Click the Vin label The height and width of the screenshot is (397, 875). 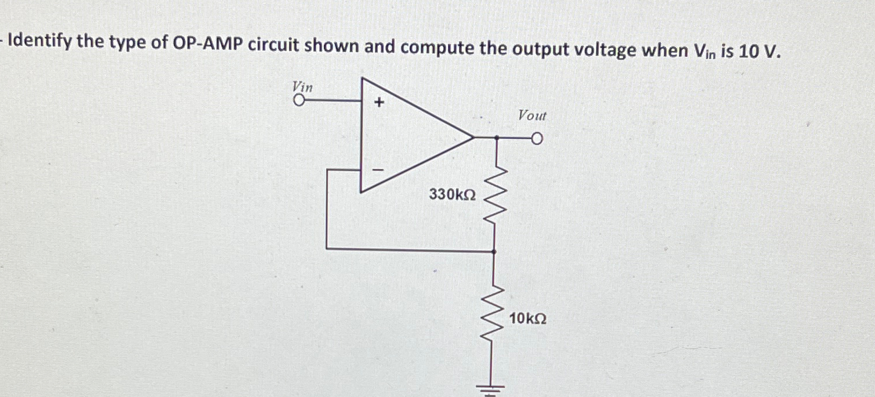click(x=302, y=86)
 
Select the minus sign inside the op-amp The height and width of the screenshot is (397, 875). click(x=378, y=170)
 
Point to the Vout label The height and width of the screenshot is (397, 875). click(x=532, y=116)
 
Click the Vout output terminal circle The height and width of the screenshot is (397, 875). click(x=537, y=139)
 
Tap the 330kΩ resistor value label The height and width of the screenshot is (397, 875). click(x=453, y=194)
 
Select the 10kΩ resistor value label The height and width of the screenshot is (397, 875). click(x=527, y=319)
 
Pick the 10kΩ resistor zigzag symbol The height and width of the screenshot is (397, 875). click(x=494, y=319)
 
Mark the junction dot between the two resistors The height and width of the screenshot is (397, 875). click(x=494, y=251)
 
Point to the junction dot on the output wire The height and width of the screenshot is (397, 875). click(x=495, y=139)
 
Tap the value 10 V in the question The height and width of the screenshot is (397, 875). click(x=758, y=51)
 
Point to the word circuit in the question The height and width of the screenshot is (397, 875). click(x=277, y=45)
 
